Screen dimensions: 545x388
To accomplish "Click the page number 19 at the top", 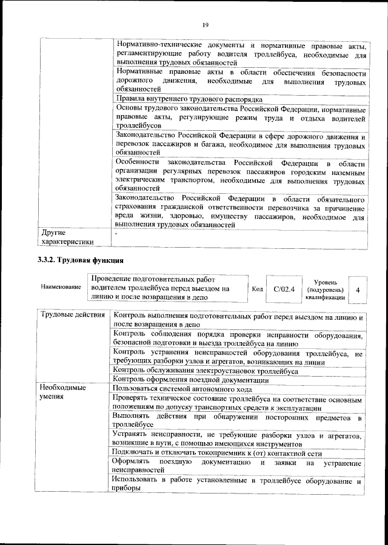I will [x=206, y=24].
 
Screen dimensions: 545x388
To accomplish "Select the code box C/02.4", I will [x=284, y=289].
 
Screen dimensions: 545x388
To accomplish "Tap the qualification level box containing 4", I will [x=358, y=290].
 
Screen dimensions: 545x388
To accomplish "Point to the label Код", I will [x=257, y=289].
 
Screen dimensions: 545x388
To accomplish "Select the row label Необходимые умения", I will [x=63, y=391].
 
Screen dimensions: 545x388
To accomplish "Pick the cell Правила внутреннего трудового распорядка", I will [x=188, y=98].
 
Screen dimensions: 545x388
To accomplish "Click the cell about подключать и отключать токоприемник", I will [x=216, y=453].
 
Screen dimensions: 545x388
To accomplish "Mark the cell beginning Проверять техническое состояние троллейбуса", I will [x=238, y=404].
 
